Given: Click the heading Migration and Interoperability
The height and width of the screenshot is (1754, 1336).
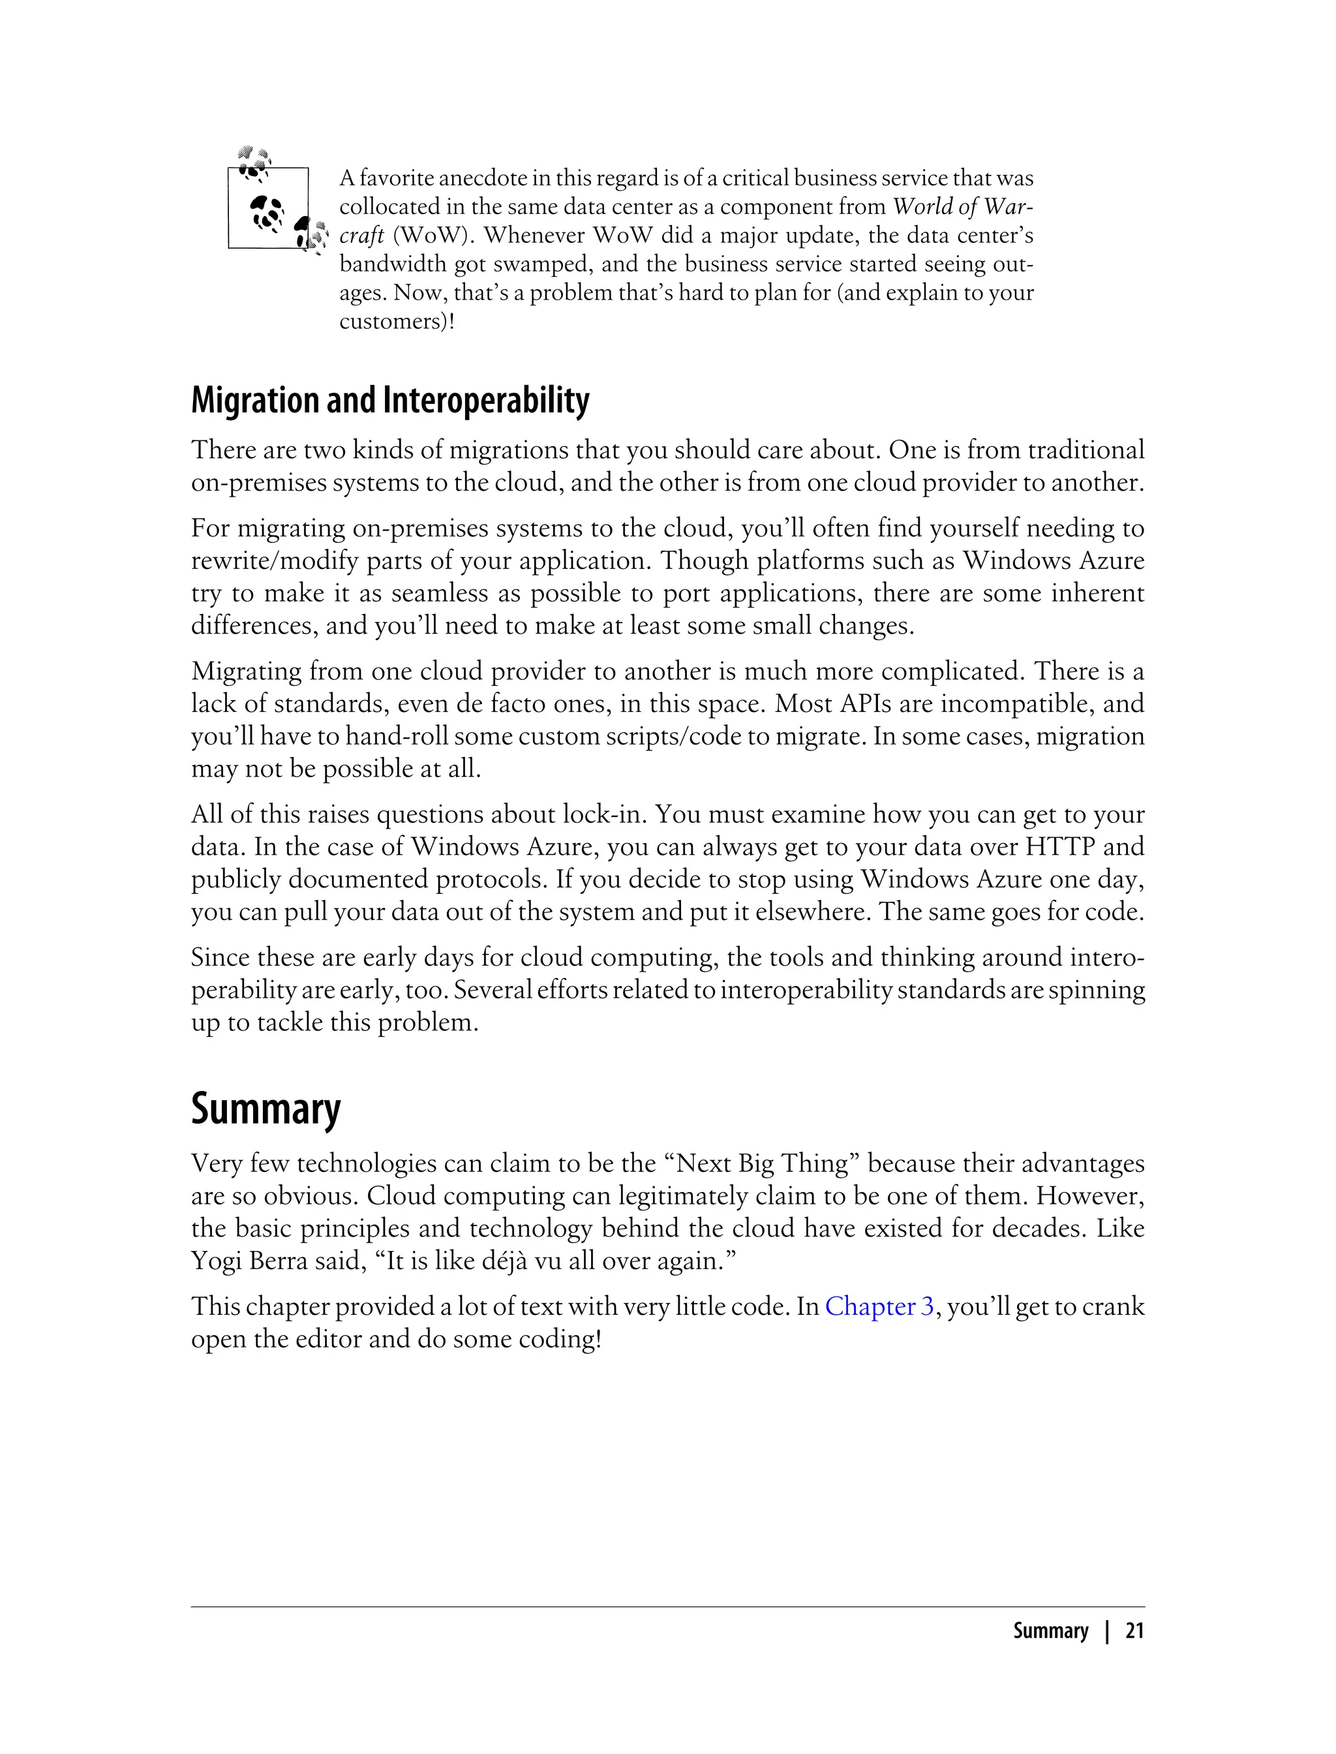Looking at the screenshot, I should (x=389, y=400).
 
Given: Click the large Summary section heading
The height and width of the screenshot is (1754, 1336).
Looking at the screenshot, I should (x=266, y=1108).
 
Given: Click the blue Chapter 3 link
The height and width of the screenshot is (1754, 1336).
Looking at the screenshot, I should (x=879, y=1306).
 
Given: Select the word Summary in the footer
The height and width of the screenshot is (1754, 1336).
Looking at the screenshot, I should (x=1050, y=1631).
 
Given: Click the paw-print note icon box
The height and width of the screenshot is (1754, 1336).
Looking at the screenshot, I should (x=268, y=208).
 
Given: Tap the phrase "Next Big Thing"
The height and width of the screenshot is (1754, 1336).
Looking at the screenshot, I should (x=768, y=1163).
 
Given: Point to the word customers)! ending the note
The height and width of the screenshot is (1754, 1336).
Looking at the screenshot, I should (x=397, y=321).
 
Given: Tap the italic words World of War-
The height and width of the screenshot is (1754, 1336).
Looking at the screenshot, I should (x=963, y=207).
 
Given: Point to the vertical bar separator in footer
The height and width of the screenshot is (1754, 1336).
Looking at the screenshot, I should (x=1106, y=1631).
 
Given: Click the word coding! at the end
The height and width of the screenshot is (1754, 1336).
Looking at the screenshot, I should (x=560, y=1339).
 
